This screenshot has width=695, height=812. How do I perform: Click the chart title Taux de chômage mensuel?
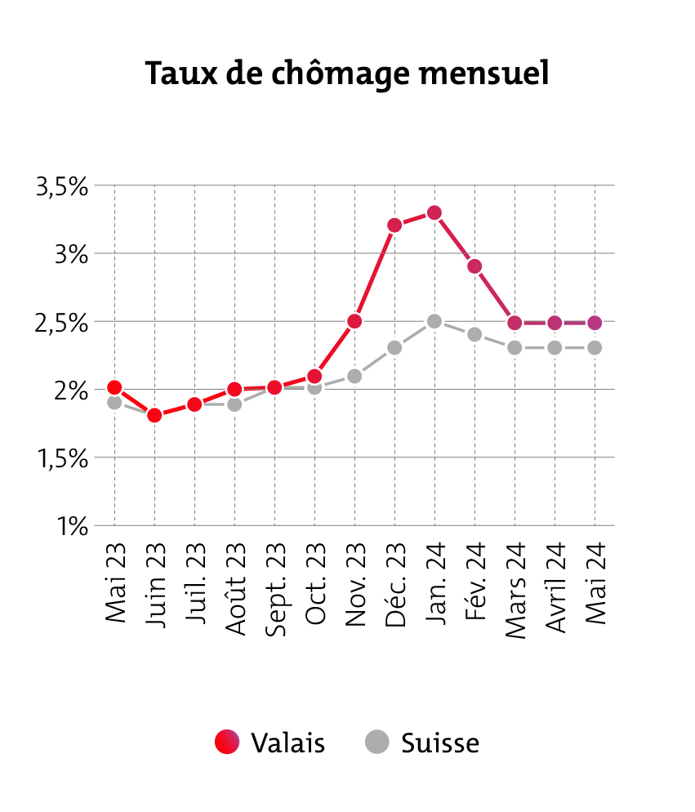tap(347, 74)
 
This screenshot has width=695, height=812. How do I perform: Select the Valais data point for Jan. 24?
tap(434, 213)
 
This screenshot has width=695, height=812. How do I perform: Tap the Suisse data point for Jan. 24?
tap(434, 321)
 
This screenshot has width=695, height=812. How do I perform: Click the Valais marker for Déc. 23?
tap(394, 225)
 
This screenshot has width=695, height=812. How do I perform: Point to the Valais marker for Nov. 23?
tap(354, 321)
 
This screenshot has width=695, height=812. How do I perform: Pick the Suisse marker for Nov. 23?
tap(354, 376)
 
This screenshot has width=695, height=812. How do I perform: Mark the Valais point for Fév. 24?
tap(474, 266)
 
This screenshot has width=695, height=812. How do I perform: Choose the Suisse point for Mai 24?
tap(595, 347)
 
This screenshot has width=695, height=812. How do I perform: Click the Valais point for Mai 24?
tap(595, 323)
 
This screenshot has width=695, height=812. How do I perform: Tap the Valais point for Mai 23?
tap(114, 387)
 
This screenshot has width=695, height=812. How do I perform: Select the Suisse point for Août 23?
tap(234, 404)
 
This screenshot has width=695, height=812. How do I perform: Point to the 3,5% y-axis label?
tap(62, 186)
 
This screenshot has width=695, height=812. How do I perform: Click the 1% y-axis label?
tap(72, 526)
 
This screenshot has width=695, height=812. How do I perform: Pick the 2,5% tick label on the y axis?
tap(62, 323)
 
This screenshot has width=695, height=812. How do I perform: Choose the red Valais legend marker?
tap(227, 742)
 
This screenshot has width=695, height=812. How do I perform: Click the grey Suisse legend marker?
tap(376, 742)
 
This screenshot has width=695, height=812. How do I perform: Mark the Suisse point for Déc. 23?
tap(394, 347)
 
